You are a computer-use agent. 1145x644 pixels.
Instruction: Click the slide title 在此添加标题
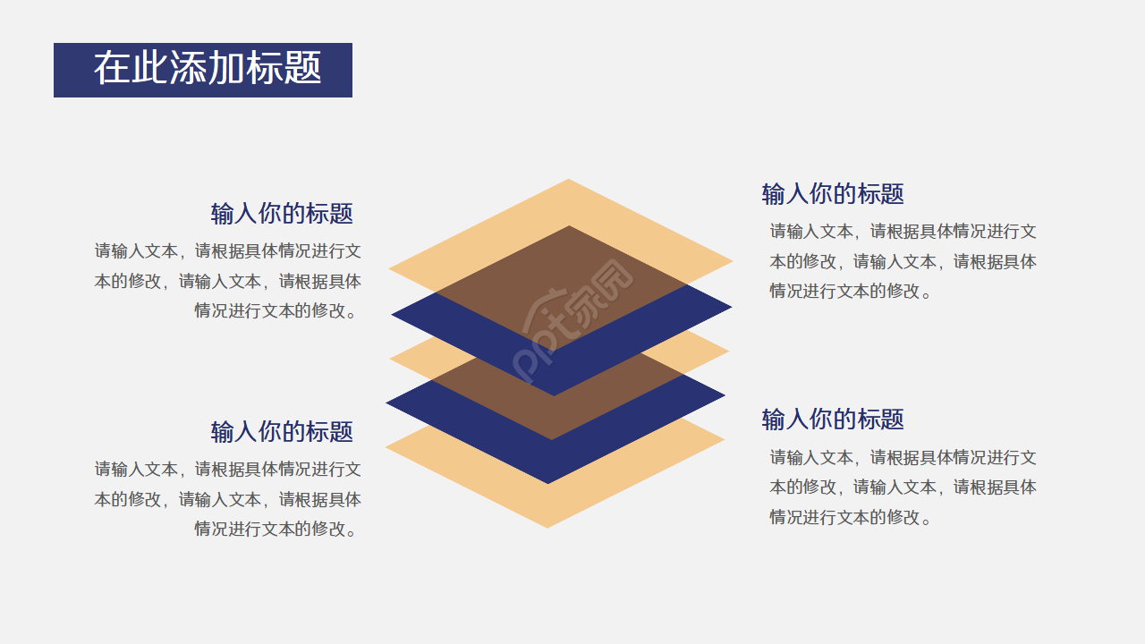[207, 69]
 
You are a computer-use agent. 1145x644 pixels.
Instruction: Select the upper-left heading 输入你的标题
[282, 214]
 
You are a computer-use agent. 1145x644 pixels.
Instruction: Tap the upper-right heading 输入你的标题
[833, 193]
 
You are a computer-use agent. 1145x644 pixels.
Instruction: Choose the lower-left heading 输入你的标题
[282, 431]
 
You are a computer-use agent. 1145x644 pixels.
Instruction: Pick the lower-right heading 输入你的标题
[833, 419]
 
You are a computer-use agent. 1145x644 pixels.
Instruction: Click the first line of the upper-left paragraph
[228, 251]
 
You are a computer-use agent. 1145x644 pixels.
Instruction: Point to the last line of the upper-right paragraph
[851, 292]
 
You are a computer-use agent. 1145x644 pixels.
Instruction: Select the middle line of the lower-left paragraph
[228, 499]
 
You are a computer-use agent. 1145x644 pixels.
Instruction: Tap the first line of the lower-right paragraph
[903, 458]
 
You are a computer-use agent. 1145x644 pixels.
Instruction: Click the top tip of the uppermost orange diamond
[568, 181]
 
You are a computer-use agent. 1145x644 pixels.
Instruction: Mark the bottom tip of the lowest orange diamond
[547, 526]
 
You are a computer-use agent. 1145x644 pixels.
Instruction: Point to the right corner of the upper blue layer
[729, 308]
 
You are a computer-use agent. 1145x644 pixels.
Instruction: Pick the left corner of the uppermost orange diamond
[391, 267]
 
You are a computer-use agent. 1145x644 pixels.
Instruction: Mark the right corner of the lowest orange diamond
[722, 439]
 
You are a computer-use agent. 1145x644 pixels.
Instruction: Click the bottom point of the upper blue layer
[554, 394]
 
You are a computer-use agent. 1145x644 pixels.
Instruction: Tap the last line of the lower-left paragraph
[277, 530]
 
